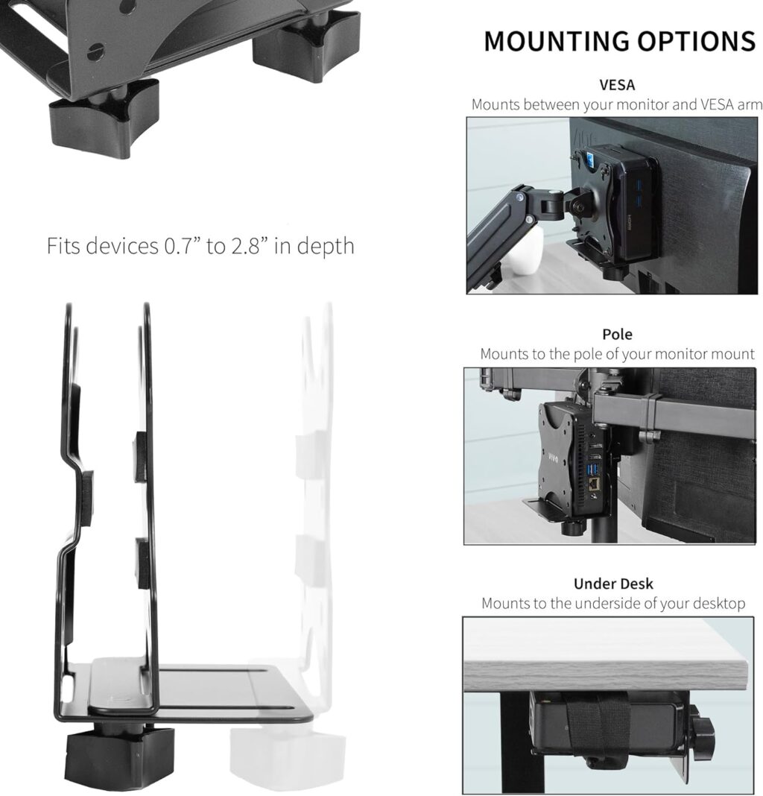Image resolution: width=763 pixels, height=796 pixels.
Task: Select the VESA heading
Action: point(617,85)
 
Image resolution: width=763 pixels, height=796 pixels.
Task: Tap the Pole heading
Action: point(617,334)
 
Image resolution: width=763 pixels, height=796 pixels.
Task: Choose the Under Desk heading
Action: point(613,584)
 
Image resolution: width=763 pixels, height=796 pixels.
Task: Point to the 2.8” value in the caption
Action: point(248,246)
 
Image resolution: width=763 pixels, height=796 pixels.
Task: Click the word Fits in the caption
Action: point(64,246)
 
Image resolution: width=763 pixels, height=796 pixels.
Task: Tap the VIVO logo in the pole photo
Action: point(553,456)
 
